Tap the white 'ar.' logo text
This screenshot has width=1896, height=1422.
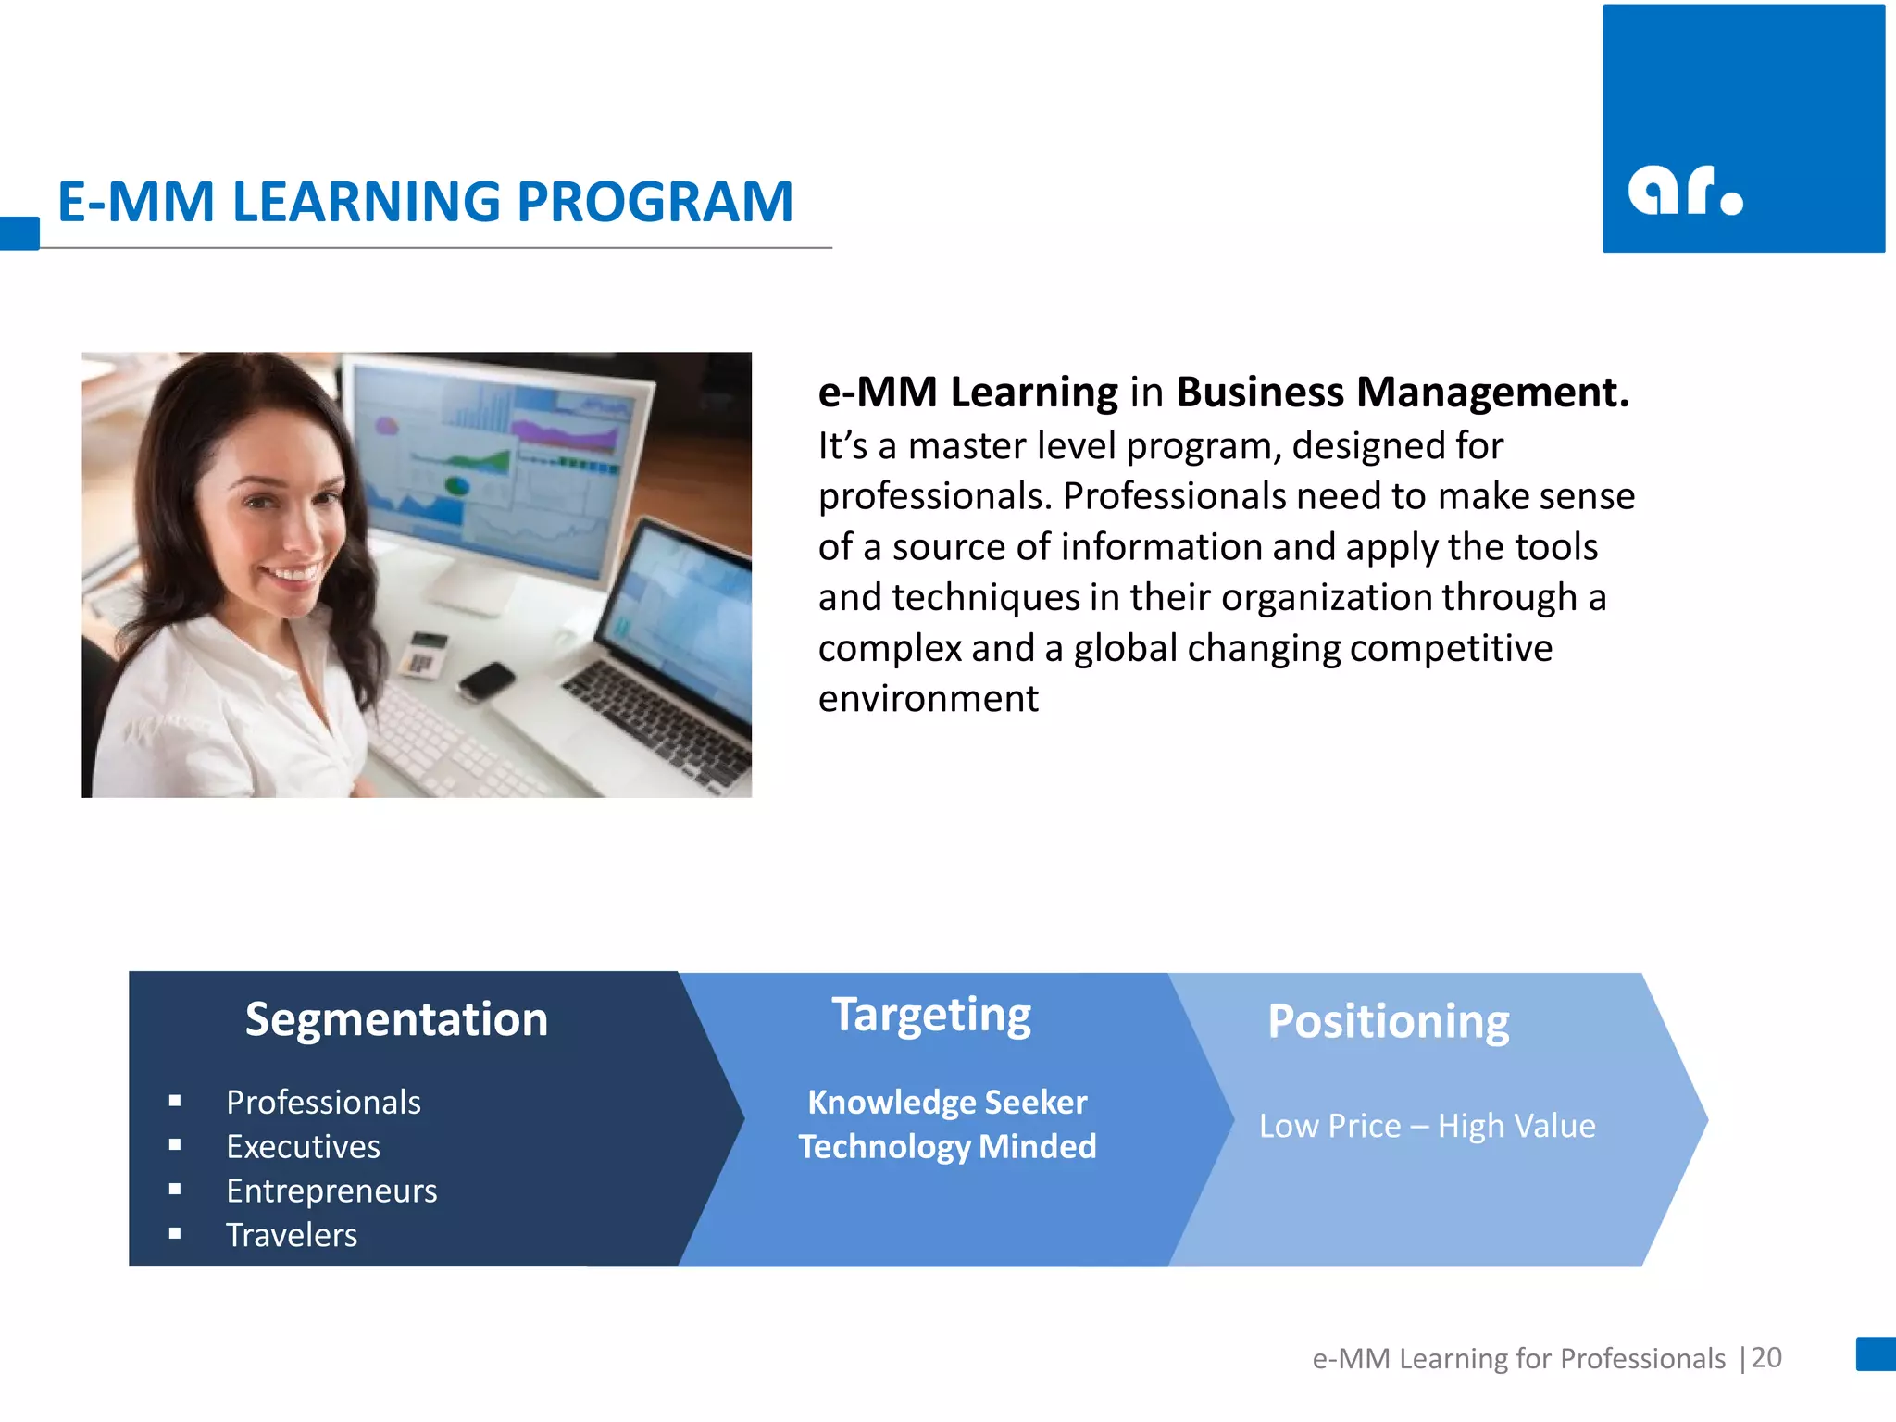[1684, 191]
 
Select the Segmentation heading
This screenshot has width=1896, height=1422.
[396, 1019]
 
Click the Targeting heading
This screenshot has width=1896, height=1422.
[931, 1016]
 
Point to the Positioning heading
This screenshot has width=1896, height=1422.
[1388, 1022]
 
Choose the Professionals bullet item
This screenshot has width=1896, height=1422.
[323, 1102]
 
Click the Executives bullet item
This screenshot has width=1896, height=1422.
[303, 1146]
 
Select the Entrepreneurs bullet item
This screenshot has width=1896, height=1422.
[331, 1191]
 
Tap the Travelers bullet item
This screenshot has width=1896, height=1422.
[292, 1235]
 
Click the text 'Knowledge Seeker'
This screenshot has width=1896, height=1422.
[947, 1102]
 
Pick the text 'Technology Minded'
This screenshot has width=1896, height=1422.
[947, 1146]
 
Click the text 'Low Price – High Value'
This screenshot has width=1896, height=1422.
[1427, 1126]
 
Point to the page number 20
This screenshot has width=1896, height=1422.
[1766, 1357]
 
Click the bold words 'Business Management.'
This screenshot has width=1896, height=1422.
[1402, 393]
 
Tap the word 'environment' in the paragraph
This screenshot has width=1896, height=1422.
[928, 698]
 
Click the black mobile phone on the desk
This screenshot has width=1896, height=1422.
[485, 681]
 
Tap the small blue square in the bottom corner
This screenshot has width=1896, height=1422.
[1876, 1353]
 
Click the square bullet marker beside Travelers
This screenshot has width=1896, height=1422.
[175, 1234]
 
